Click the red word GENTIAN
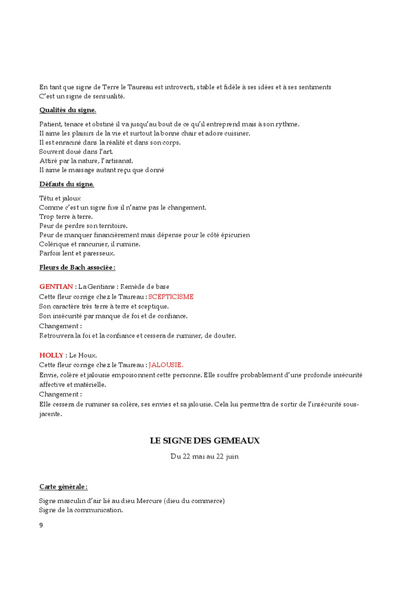coord(56,287)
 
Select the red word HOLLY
coord(51,355)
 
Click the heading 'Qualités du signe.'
coord(68,110)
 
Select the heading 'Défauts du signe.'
coord(67,184)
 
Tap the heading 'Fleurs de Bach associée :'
coord(77,267)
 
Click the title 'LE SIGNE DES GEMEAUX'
coord(205,441)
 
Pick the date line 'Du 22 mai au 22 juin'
coord(205,457)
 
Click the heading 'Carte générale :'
coord(64,487)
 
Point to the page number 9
coord(41,525)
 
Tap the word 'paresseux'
coord(100,253)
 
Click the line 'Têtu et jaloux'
coord(60,198)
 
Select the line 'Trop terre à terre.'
coord(66,216)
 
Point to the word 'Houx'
coord(89,355)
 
